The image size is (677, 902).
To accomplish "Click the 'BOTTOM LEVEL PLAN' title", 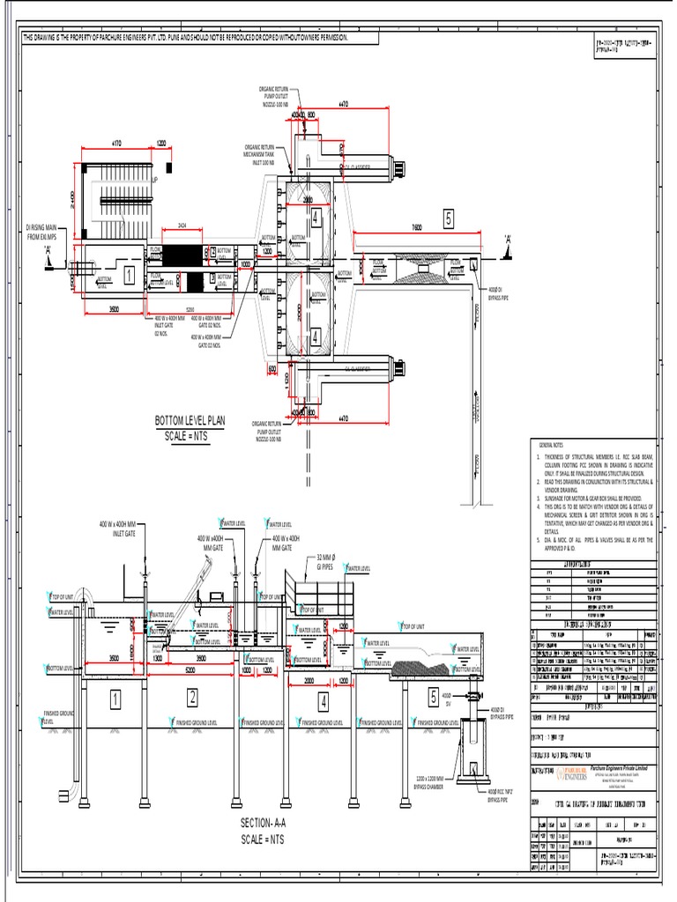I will pos(190,421).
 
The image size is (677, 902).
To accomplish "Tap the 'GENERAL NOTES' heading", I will pos(555,447).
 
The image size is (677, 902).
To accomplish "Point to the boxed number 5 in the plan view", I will pos(448,219).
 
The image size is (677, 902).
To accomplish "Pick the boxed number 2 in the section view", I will pos(191,699).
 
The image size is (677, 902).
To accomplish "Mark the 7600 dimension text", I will pos(416,227).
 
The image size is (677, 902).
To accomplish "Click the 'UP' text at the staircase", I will pos(154,180).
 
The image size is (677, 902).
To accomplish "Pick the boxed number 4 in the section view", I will pos(324,701).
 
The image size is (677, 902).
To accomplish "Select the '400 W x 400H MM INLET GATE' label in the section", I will pos(123,529).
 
